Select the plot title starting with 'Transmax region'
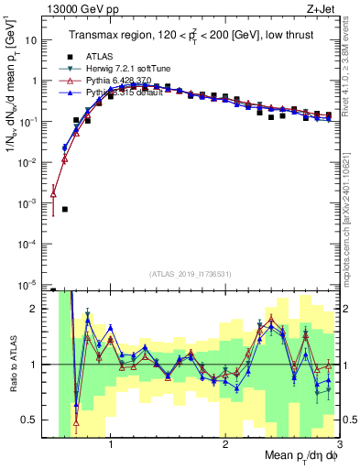(189, 36)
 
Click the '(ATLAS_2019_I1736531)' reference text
(191, 274)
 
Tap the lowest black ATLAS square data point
(64, 209)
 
